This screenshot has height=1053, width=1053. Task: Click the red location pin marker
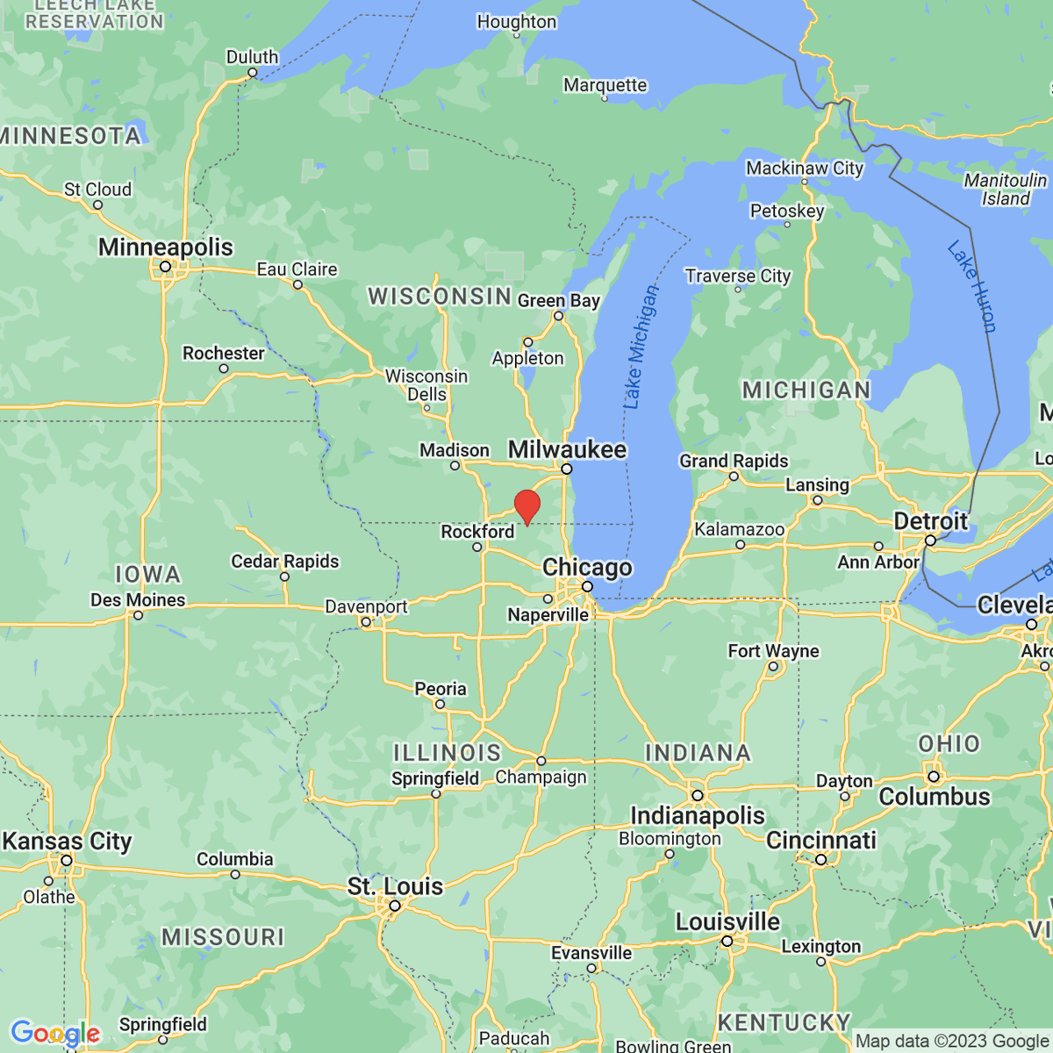click(526, 507)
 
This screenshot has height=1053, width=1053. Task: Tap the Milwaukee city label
click(567, 449)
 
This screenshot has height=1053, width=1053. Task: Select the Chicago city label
click(587, 567)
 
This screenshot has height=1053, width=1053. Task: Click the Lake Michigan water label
click(640, 347)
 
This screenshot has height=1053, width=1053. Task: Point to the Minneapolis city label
click(165, 247)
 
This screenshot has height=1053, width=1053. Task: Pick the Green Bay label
click(558, 301)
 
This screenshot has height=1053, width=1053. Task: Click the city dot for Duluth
click(252, 74)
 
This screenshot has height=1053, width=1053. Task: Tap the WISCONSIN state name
click(440, 297)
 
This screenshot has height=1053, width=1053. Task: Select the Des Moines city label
click(138, 600)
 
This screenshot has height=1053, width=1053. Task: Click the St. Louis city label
click(395, 886)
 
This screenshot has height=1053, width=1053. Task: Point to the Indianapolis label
click(697, 815)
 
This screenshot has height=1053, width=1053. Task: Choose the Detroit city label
click(930, 521)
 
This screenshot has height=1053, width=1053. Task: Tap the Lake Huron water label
click(972, 287)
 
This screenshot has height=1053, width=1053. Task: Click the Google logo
click(55, 1034)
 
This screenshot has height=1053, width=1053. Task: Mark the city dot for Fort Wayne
click(773, 666)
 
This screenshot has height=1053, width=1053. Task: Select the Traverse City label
click(738, 276)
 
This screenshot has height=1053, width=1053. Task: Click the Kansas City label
click(67, 842)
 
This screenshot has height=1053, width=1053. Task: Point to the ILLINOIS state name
click(447, 753)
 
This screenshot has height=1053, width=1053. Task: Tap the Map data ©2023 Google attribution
click(952, 1042)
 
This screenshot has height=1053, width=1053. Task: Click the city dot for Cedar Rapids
click(284, 577)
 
